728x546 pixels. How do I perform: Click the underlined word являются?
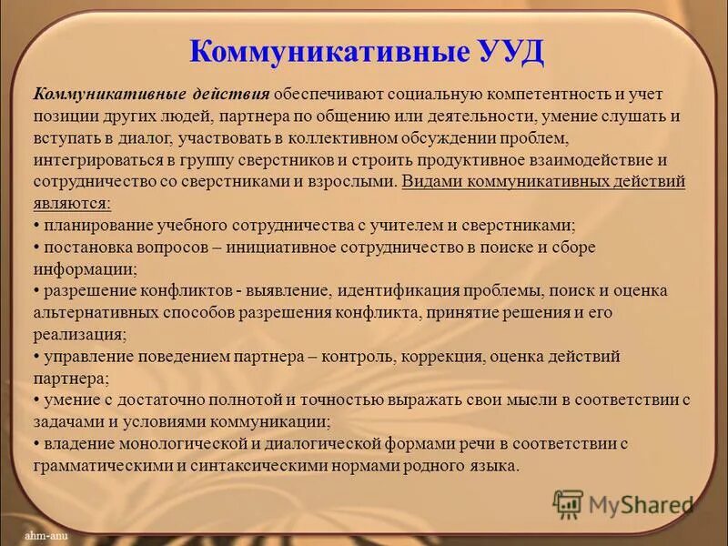coord(73,202)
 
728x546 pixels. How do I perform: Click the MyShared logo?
coord(622,503)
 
